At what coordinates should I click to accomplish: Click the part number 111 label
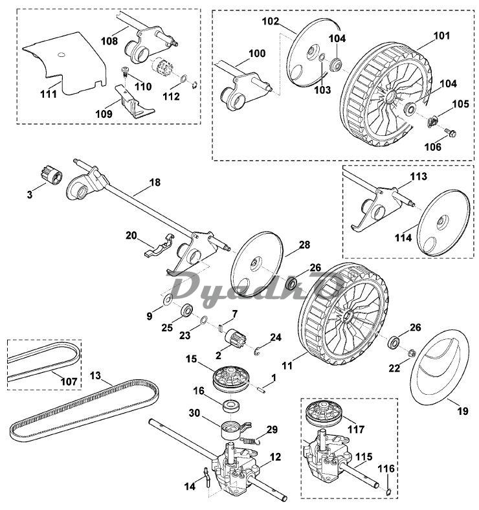click(x=49, y=94)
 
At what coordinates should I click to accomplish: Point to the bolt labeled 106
click(x=451, y=133)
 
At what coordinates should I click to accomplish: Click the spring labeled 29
click(x=252, y=441)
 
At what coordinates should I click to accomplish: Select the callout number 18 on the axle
click(x=155, y=183)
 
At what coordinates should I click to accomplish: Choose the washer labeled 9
click(x=168, y=300)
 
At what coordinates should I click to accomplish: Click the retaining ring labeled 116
click(x=387, y=492)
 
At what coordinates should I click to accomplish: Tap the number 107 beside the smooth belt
click(x=69, y=381)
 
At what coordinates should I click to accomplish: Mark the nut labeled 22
click(x=411, y=353)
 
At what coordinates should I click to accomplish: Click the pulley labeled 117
click(x=325, y=414)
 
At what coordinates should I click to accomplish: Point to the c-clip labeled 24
click(x=257, y=351)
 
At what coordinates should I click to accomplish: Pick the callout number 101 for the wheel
click(x=442, y=36)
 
